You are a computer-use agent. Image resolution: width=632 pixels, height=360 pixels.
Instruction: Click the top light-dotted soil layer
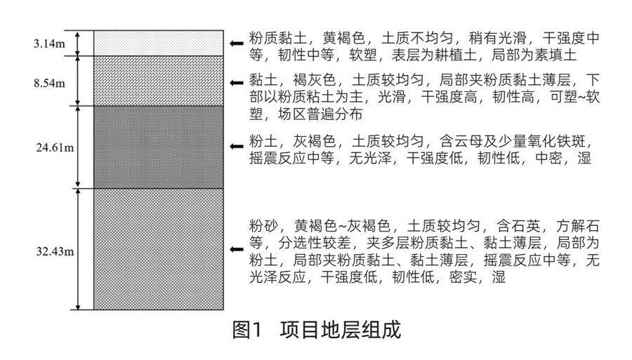(158, 42)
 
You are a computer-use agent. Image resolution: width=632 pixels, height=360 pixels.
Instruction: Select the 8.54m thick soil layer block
(158, 80)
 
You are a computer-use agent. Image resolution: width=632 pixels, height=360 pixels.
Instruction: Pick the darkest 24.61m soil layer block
(158, 147)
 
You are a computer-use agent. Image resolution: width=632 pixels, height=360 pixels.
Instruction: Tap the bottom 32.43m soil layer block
(158, 248)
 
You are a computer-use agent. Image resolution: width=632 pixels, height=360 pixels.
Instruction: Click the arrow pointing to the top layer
(237, 44)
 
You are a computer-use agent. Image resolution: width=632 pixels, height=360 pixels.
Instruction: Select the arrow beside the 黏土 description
(237, 82)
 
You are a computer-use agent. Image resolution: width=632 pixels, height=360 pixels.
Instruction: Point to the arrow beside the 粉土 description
(237, 146)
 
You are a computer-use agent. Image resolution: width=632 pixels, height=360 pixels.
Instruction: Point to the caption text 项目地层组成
(341, 330)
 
